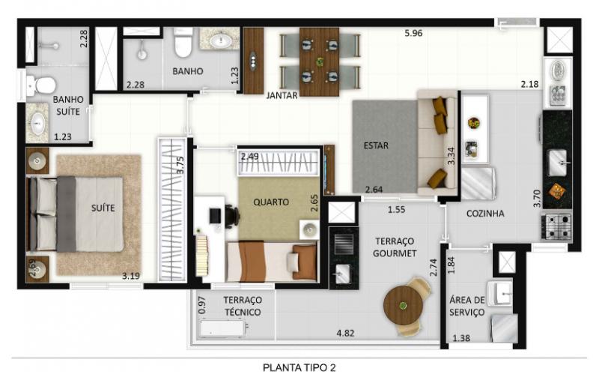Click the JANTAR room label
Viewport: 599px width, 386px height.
click(x=282, y=96)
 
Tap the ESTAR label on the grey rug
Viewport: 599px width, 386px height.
click(x=376, y=145)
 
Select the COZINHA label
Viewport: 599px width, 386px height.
click(x=485, y=214)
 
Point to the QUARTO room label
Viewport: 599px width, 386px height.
click(x=271, y=202)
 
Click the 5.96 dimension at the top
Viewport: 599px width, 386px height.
click(x=414, y=33)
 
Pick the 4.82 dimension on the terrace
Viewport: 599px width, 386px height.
click(x=345, y=334)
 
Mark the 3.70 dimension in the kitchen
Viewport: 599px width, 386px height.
click(x=537, y=199)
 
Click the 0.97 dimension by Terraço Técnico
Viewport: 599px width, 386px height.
click(x=202, y=305)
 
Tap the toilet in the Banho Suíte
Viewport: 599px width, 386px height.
click(x=41, y=85)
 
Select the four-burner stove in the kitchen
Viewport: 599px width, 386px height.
click(x=556, y=226)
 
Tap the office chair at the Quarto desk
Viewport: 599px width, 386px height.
click(x=231, y=217)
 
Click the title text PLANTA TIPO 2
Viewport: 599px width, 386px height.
click(x=299, y=368)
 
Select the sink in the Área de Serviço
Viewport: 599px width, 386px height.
click(x=499, y=294)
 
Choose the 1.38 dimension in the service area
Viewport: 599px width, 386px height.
click(x=461, y=338)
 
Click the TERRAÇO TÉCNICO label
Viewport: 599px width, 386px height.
click(x=243, y=306)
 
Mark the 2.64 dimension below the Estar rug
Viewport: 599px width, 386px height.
click(x=374, y=190)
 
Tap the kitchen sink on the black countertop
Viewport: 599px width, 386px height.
click(x=558, y=162)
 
